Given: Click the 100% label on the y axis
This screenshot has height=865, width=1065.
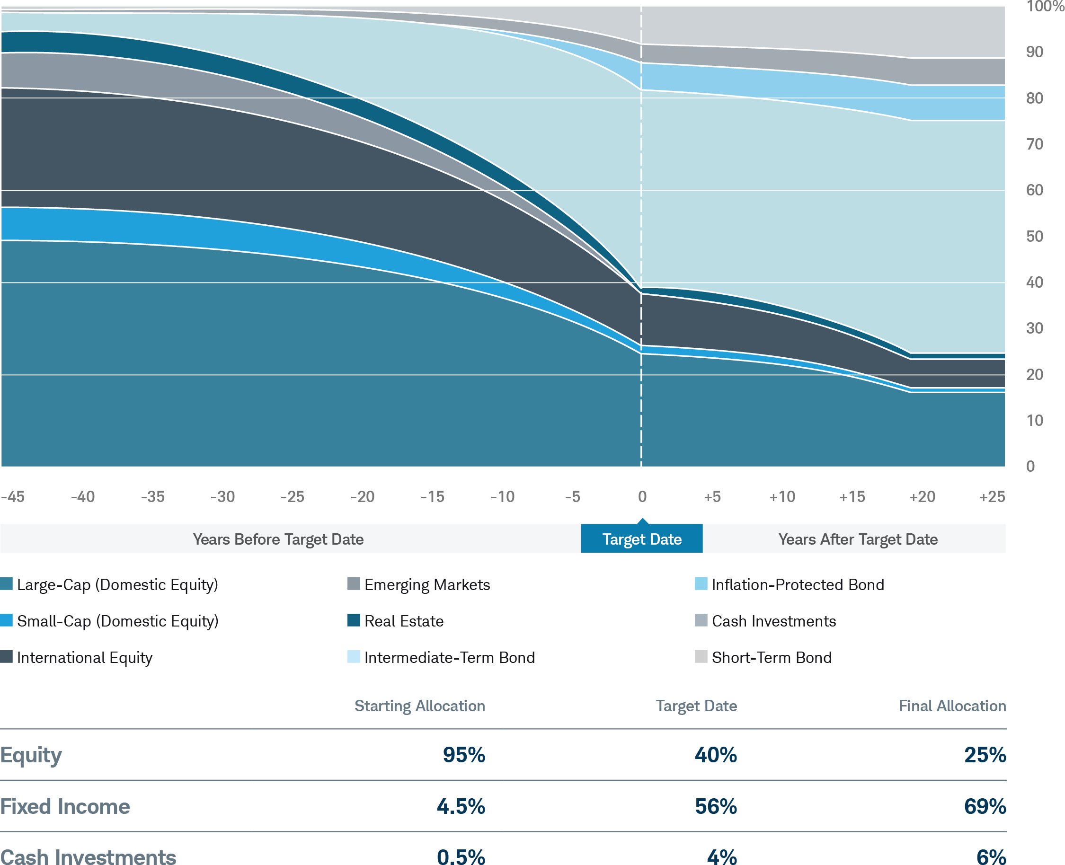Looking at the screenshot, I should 1045,7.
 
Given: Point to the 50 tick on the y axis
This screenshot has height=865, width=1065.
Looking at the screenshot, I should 1035,236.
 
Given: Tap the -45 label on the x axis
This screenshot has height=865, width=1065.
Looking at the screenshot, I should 13,497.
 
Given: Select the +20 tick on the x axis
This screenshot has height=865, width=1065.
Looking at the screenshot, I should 922,497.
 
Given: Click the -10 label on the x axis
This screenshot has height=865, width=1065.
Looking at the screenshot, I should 502,497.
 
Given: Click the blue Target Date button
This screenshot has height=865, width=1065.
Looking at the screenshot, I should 642,539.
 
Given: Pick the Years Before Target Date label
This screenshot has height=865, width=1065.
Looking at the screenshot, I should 278,539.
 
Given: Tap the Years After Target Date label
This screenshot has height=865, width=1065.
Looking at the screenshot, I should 858,539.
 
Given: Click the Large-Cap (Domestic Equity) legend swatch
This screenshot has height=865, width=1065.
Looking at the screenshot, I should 7,583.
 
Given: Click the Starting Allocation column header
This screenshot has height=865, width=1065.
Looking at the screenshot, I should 420,706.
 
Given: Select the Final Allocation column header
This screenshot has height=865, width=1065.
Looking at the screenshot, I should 952,706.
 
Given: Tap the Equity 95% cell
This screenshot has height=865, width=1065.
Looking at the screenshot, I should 463,755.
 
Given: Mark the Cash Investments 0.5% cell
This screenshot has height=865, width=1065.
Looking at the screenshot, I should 461,856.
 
